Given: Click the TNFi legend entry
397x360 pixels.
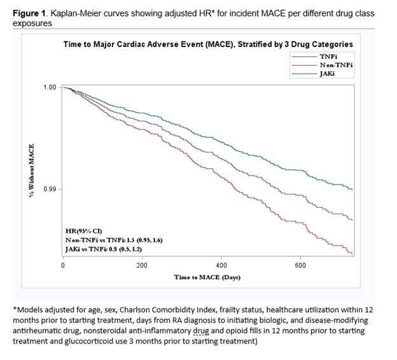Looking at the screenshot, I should pos(328,57).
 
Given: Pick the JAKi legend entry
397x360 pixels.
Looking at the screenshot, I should pos(328,73).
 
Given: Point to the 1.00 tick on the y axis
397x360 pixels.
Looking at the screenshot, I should pos(50,87).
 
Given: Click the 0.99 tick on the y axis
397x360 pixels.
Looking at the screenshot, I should pos(50,190).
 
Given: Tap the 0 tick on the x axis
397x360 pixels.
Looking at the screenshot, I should pos(62,265).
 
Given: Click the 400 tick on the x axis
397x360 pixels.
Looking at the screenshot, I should pos(221,265).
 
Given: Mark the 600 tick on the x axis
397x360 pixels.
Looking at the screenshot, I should pos(301,265).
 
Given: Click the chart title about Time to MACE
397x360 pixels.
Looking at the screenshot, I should pos(207,44).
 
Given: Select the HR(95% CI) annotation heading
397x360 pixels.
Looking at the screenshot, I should pos(84,230).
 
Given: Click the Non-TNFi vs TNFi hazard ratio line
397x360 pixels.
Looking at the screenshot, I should pos(114,239).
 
